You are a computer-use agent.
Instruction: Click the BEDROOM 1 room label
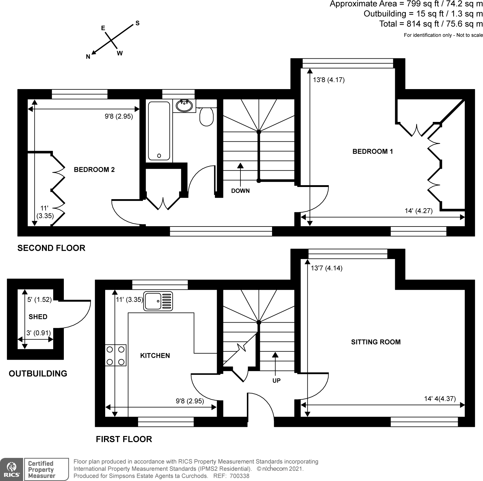point(373,151)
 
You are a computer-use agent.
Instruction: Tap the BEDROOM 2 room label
point(94,170)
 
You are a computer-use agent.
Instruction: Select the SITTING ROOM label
point(376,342)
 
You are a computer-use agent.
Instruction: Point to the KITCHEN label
point(155,356)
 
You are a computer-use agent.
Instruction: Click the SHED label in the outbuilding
point(38,317)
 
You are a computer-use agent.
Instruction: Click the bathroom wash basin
point(184,106)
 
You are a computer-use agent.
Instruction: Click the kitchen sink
point(158,301)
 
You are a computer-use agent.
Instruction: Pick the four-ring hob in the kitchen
point(116,355)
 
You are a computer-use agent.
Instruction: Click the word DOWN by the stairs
point(240,191)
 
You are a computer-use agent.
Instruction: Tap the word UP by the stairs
point(276,380)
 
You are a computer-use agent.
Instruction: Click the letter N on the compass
point(88,57)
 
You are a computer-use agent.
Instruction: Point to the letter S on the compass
point(137,23)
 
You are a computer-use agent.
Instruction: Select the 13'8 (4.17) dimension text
point(329,80)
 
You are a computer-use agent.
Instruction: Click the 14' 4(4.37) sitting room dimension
point(440,399)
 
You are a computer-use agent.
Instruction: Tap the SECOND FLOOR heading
point(51,248)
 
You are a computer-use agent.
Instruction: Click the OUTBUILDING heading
point(38,374)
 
